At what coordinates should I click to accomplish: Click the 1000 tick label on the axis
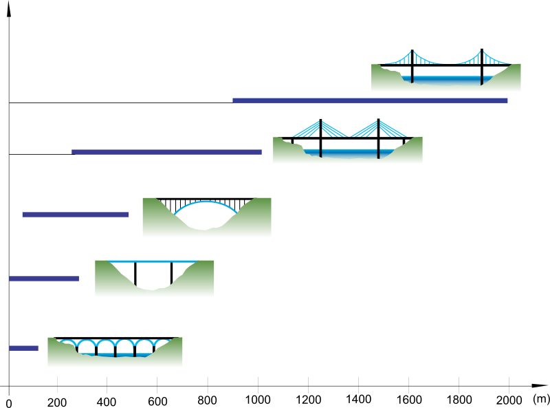(258, 400)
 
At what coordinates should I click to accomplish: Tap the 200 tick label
(57, 402)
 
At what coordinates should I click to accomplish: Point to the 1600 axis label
(409, 400)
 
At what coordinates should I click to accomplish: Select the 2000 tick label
(509, 400)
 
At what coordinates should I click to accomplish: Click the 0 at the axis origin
(9, 403)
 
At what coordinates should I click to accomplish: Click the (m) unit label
(540, 398)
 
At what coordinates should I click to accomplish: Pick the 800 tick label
(207, 400)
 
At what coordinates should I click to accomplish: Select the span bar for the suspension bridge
(370, 100)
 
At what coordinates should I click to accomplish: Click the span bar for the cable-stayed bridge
(166, 152)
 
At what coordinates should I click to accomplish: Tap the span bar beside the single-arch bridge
(76, 215)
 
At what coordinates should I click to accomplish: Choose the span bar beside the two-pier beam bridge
(44, 279)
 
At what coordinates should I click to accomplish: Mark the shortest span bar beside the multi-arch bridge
(23, 348)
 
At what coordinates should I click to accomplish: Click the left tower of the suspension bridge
(412, 66)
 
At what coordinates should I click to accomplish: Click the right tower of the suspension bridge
(482, 67)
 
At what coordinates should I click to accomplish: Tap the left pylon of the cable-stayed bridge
(320, 138)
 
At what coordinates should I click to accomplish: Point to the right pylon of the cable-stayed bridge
(379, 139)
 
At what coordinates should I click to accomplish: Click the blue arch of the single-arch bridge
(206, 202)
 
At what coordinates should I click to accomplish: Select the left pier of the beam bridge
(135, 274)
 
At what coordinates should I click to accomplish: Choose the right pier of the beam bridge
(171, 273)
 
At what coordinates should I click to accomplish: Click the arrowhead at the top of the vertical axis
(9, 9)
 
